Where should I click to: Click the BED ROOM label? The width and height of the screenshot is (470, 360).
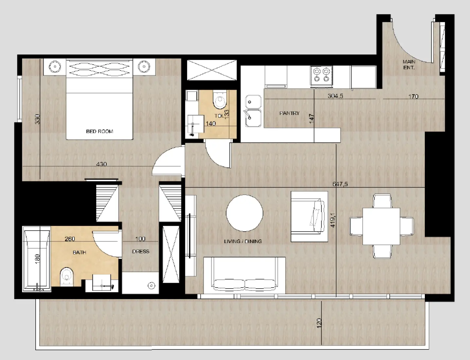(99, 131)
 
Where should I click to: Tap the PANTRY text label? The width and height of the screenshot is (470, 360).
(289, 113)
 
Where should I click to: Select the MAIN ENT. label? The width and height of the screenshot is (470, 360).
(409, 64)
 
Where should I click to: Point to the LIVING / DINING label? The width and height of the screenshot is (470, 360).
(243, 241)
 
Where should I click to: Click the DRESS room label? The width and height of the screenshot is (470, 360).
(141, 251)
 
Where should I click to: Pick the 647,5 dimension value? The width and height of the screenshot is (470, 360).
(340, 184)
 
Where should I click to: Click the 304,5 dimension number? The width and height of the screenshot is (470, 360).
(335, 96)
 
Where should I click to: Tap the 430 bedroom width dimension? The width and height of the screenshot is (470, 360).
(101, 164)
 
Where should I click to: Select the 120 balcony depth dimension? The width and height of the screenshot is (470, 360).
(319, 323)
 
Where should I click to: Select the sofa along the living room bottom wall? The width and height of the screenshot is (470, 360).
(244, 276)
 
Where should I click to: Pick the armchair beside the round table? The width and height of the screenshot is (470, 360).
(309, 217)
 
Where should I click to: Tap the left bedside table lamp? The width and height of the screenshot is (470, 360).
(55, 67)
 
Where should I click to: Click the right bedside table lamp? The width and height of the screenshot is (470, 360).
(144, 67)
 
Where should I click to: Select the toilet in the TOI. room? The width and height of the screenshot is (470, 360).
(220, 100)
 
